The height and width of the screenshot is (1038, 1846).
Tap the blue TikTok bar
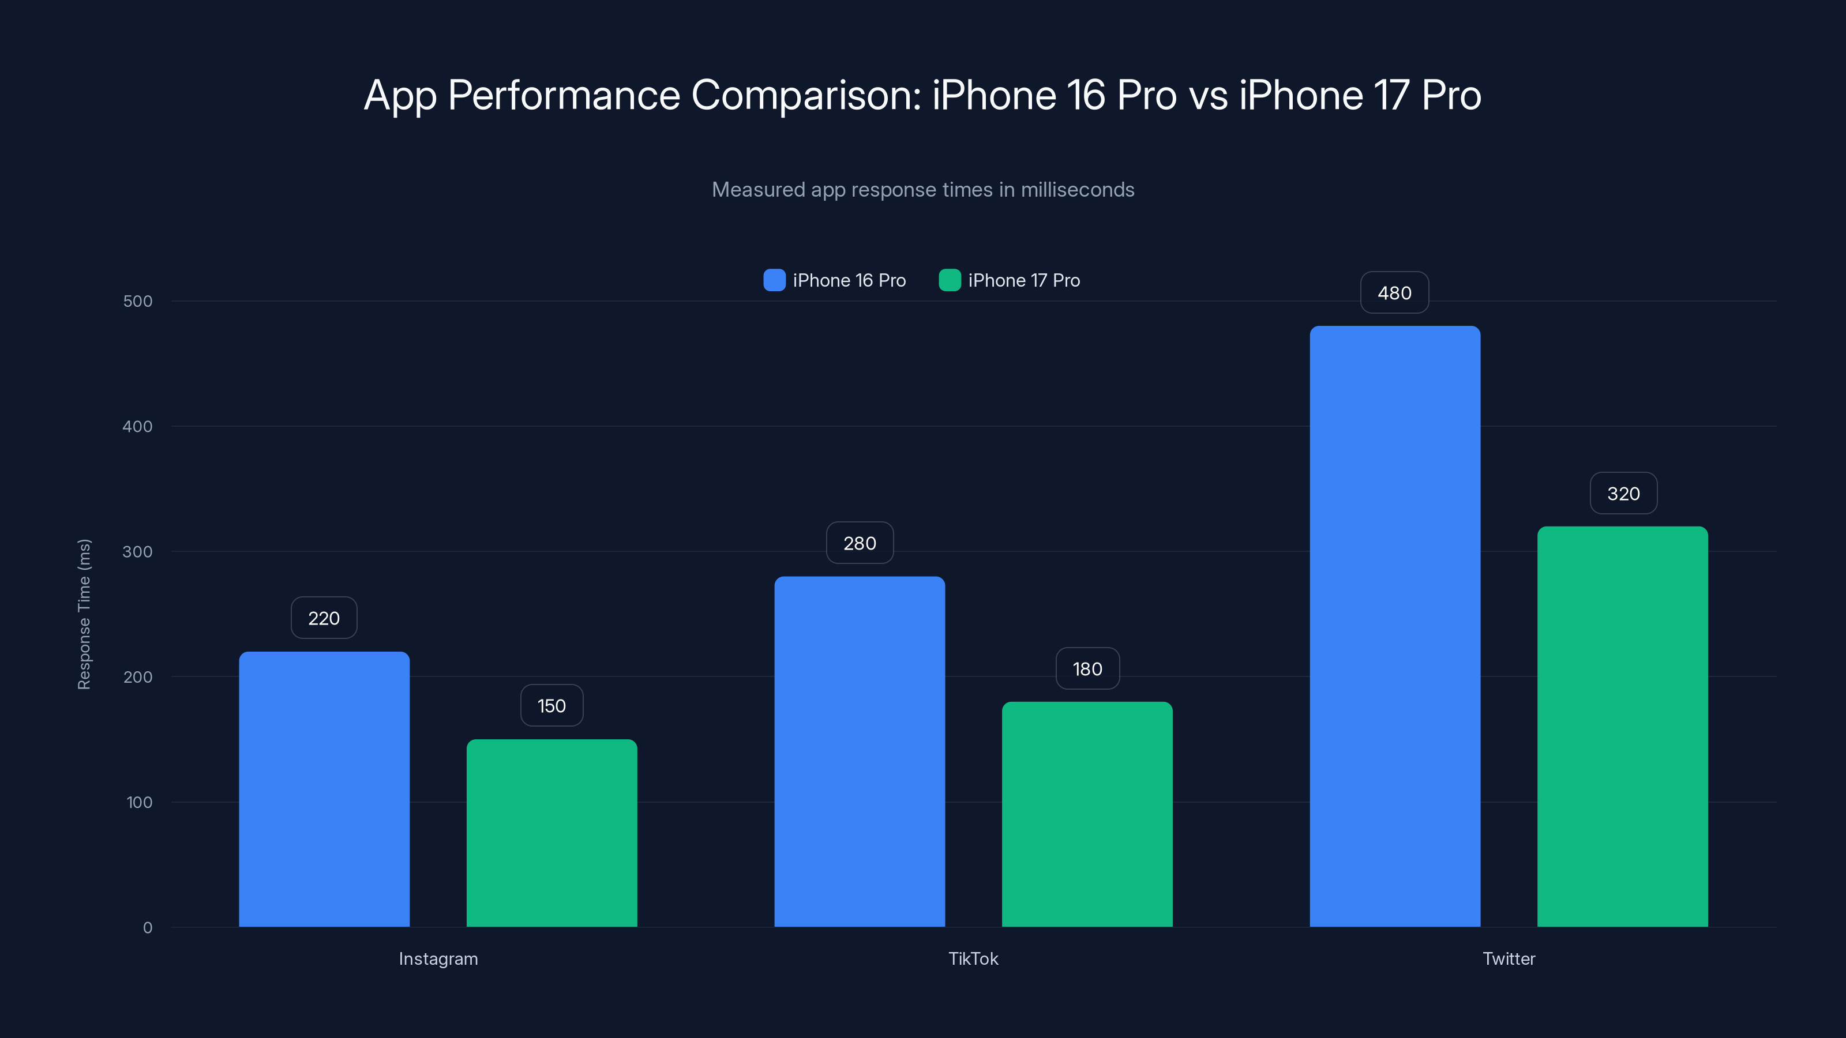click(859, 751)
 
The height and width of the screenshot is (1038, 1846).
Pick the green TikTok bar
click(1086, 814)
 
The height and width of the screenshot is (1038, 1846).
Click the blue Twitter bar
click(1394, 626)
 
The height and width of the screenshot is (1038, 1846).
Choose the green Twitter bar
click(1622, 727)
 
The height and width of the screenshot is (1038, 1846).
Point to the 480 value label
click(1394, 293)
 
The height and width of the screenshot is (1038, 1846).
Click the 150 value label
click(551, 706)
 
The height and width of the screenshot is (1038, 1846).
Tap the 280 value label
click(859, 543)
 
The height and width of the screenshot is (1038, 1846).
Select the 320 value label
click(1623, 494)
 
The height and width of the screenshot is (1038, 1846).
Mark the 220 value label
click(324, 618)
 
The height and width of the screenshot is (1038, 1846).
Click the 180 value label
click(1087, 669)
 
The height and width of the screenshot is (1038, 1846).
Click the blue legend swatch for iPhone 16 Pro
click(774, 280)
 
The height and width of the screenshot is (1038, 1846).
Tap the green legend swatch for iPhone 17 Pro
click(950, 280)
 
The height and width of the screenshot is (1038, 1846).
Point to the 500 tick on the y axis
click(138, 301)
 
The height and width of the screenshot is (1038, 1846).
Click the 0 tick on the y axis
click(148, 928)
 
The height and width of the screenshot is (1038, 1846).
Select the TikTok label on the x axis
click(973, 958)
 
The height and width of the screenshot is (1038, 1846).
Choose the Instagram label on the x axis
click(438, 958)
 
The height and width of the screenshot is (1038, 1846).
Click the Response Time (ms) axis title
click(84, 614)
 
